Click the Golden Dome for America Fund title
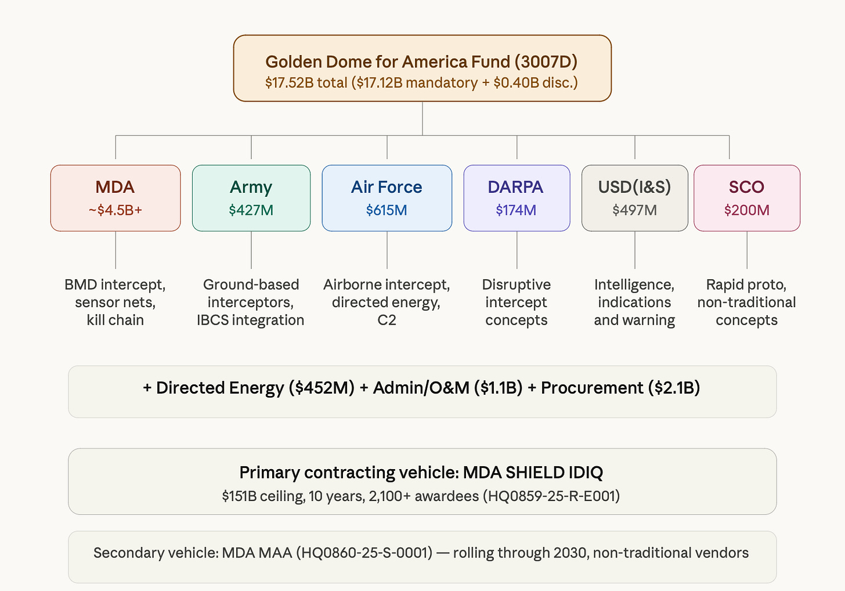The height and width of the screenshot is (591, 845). tap(421, 62)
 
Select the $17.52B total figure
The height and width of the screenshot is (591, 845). tap(306, 82)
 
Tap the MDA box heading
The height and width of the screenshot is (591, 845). tap(115, 187)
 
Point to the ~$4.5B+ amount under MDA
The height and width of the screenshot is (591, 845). tap(115, 210)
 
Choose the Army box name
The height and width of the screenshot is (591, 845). tap(251, 188)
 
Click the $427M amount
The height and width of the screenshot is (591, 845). tap(251, 210)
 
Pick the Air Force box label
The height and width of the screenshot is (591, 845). tap(387, 187)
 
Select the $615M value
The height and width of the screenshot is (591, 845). tap(387, 210)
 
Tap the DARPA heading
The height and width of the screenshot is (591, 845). tap(516, 187)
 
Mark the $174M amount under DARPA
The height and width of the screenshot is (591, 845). tap(516, 210)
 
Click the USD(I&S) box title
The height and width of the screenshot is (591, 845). tap(634, 187)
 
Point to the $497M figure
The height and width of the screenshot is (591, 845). tap(634, 210)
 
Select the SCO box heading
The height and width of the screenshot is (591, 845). tap(746, 187)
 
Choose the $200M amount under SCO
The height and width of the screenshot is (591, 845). tap(746, 210)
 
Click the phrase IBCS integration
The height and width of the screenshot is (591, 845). tap(251, 320)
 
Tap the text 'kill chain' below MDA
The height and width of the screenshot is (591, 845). tap(115, 320)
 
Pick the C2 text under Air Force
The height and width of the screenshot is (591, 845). tap(387, 320)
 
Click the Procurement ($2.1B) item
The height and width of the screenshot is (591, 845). tap(620, 388)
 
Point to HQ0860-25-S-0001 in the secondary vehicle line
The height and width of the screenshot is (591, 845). tap(364, 553)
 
